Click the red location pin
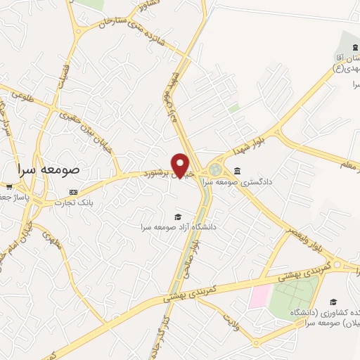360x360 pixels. (x=180, y=166)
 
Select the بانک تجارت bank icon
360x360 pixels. (x=74, y=191)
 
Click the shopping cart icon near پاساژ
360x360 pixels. (x=8, y=187)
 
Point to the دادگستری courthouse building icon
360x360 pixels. (x=237, y=171)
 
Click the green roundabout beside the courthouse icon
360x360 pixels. (x=214, y=170)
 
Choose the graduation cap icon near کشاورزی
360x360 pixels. (x=333, y=302)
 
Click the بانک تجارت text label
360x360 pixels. (x=81, y=202)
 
